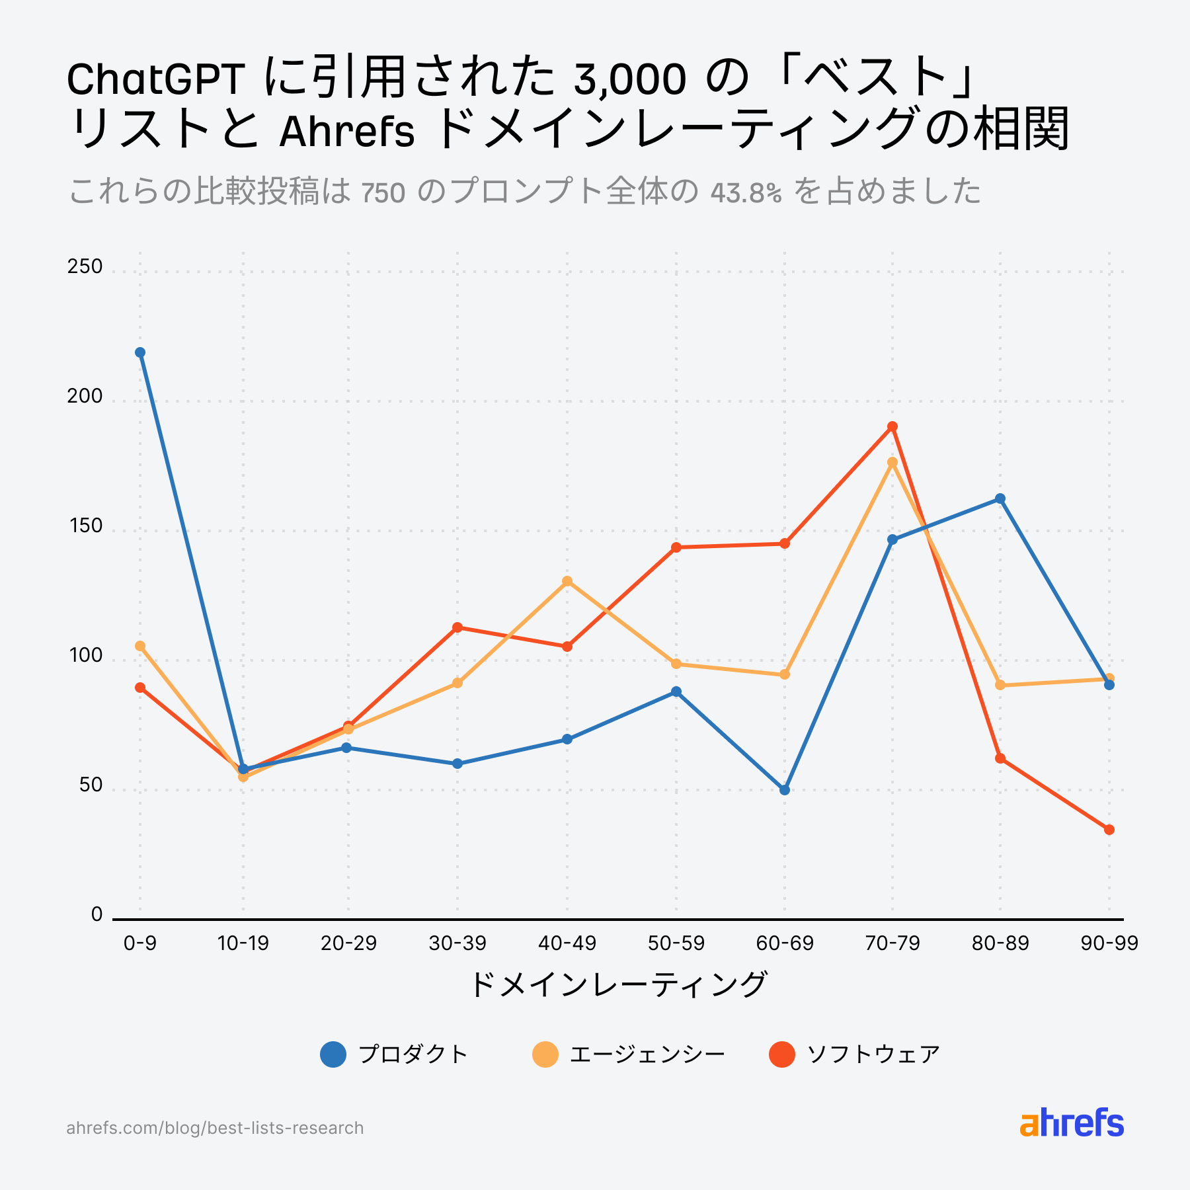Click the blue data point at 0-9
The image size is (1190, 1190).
tap(140, 352)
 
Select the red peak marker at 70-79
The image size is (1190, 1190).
tap(892, 426)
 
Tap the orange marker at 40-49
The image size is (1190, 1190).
tap(567, 581)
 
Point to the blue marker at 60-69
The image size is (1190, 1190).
tap(785, 790)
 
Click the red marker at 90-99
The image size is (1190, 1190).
tap(1109, 830)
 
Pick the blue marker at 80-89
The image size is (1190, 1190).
tap(1000, 498)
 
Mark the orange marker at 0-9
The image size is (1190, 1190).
tap(140, 646)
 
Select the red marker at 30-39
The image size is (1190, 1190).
tap(457, 627)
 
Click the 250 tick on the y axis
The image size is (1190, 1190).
tap(85, 266)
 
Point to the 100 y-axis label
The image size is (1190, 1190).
tap(85, 656)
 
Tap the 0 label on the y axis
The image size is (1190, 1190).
tap(97, 914)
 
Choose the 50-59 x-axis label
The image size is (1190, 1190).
tap(676, 943)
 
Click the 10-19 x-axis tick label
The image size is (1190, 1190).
tap(243, 943)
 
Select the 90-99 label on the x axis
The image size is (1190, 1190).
tap(1109, 943)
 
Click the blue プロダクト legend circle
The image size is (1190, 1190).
tap(333, 1054)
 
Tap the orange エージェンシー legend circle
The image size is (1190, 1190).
tap(545, 1054)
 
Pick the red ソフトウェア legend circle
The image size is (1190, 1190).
tap(782, 1054)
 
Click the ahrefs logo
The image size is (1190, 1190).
tap(1072, 1123)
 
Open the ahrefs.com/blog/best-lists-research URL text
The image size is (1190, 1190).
tap(215, 1128)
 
